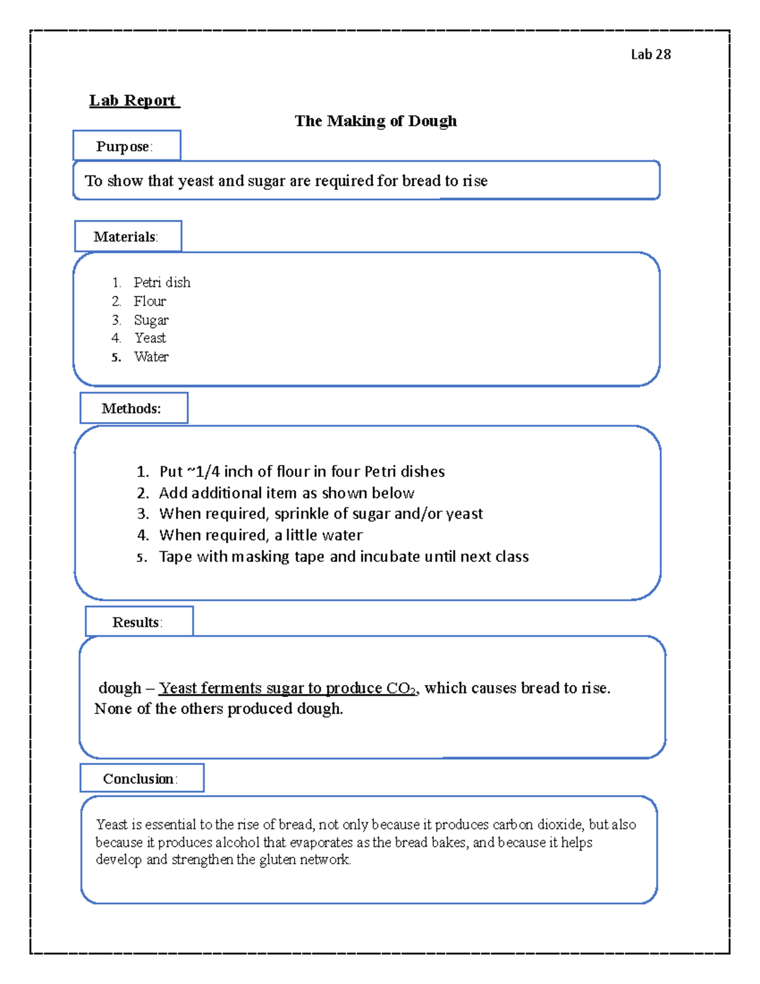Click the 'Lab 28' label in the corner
coord(650,54)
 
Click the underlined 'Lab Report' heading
coord(134,100)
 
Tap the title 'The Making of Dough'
coord(376,121)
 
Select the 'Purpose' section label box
coord(127,146)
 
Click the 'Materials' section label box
coord(128,236)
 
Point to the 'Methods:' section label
coord(133,408)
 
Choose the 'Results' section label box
coord(139,622)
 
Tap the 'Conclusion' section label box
coord(141,778)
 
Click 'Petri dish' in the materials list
coord(161,282)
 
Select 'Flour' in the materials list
coord(149,301)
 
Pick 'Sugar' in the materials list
coord(151,320)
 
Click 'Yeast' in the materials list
coord(150,338)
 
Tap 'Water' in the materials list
coord(151,357)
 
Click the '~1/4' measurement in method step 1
coord(202,471)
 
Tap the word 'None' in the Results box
coord(113,708)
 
